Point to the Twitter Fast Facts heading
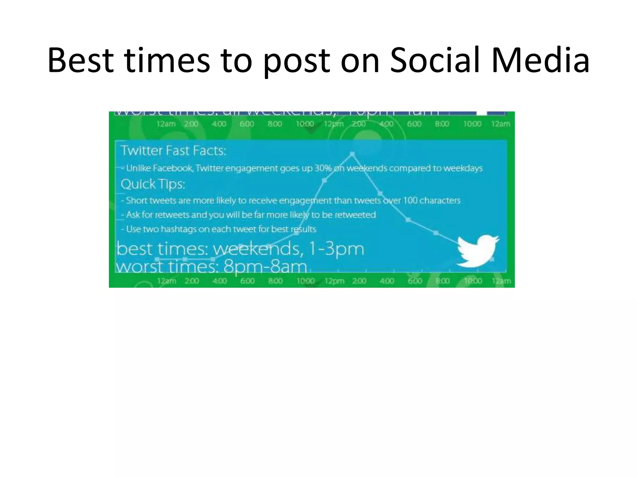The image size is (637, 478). tap(173, 151)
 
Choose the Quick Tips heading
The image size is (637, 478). tap(153, 184)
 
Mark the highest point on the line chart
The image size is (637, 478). tap(352, 154)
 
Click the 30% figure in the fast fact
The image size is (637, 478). tap(323, 168)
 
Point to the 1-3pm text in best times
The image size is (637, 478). tap(336, 249)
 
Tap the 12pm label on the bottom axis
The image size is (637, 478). tap(334, 281)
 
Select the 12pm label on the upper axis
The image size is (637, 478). tap(334, 124)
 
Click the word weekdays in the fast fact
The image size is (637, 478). tap(463, 168)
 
